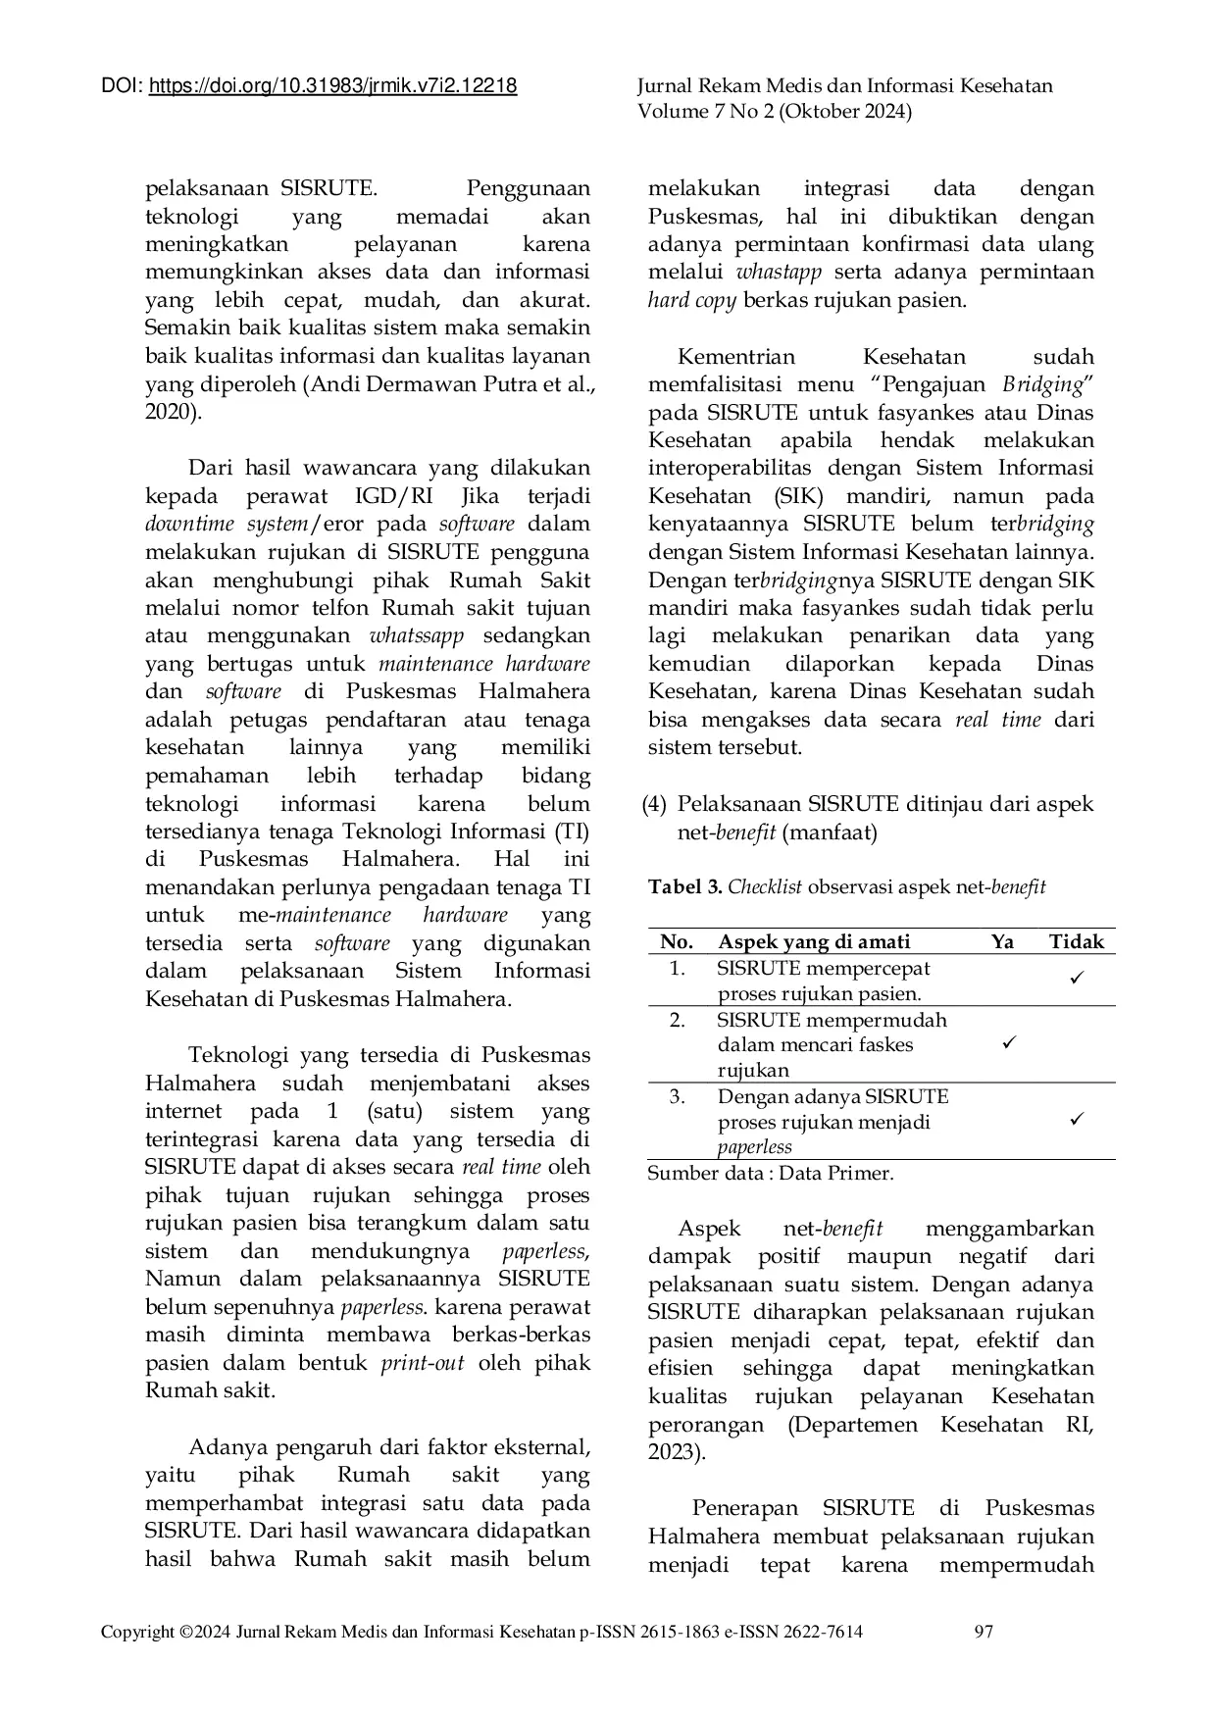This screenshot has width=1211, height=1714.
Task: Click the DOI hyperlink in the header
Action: (332, 86)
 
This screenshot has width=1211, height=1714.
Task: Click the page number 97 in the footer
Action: (984, 1632)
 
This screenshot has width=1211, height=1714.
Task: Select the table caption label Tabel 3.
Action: (684, 887)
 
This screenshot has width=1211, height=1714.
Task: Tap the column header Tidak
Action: (1076, 942)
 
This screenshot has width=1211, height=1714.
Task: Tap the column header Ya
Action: (1002, 942)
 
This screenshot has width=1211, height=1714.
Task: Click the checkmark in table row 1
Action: (1076, 979)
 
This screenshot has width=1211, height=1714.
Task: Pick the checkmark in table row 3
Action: (1076, 1119)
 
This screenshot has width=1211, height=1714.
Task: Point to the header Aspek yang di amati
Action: (813, 942)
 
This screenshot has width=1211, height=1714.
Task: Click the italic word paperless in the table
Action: (754, 1147)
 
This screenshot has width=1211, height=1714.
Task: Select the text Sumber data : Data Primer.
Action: (770, 1173)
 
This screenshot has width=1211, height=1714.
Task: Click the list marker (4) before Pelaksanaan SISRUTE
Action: (655, 804)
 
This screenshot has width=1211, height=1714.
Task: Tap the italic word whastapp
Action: (779, 273)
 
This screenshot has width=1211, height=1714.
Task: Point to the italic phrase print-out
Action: (422, 1363)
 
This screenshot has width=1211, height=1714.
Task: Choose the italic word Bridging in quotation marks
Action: (1043, 384)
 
